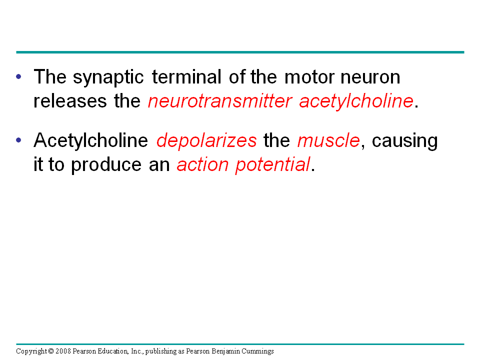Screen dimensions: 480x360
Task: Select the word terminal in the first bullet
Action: point(186,76)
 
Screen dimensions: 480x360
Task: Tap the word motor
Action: point(309,77)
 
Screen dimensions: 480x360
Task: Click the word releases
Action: point(70,101)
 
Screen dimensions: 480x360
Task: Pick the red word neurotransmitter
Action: point(220,101)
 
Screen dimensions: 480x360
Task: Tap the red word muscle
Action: point(328,140)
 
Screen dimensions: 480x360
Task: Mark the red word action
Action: point(202,164)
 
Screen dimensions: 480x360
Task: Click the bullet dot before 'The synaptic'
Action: point(18,76)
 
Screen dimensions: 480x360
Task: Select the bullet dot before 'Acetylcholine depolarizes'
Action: point(18,140)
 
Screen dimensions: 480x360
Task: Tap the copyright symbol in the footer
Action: point(51,351)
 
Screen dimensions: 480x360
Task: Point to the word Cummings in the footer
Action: point(258,351)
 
